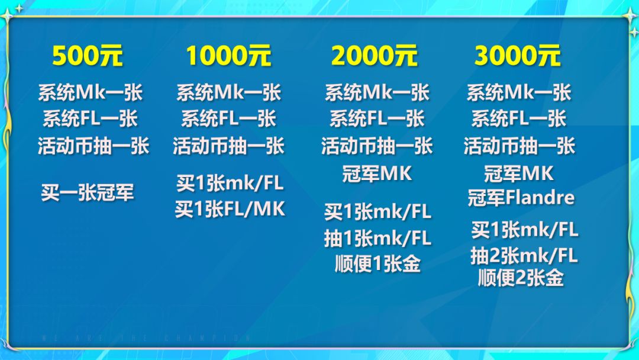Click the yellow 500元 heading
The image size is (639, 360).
87,56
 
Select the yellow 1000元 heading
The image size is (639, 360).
228,56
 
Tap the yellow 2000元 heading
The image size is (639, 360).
374,56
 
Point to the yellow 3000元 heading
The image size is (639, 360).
517,56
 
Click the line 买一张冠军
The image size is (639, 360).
87,192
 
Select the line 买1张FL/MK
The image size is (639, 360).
230,209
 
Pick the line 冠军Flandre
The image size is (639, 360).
521,198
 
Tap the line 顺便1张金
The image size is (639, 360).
377,263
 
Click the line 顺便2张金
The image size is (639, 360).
521,278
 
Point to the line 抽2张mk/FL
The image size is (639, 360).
524,256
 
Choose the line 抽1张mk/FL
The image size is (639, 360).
377,238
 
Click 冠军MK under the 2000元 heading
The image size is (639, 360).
377,173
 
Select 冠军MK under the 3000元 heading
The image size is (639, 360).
519,173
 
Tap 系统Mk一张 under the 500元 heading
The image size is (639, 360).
91,92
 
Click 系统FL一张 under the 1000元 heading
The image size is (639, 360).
228,118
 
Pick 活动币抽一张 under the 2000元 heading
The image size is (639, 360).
377,146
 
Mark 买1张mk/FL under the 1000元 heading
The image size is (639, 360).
230,183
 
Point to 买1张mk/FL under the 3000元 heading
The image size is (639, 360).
524,230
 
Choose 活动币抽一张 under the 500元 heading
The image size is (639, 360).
93,146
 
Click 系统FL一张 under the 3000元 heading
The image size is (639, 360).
519,118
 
